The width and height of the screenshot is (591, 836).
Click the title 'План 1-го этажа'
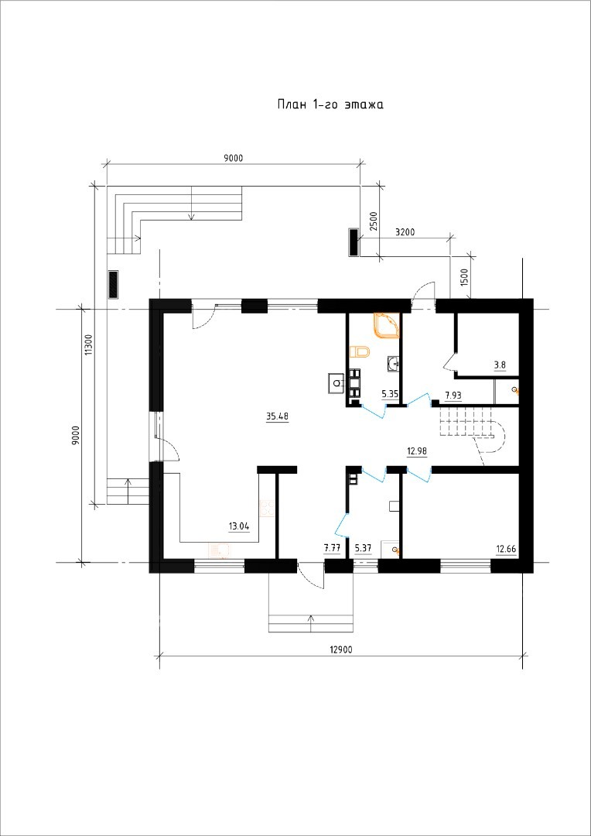tap(330, 104)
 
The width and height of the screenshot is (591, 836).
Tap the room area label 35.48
tap(277, 417)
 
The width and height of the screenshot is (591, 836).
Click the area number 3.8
tap(500, 365)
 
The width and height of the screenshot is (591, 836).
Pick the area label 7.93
tap(453, 395)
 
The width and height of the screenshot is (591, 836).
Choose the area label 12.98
tap(417, 451)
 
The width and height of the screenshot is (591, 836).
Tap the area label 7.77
tap(332, 547)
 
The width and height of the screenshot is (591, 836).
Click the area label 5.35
tap(390, 395)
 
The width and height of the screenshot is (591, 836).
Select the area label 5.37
tap(363, 547)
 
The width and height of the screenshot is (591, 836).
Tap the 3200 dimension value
tap(405, 232)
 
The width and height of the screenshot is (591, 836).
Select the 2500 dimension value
tap(374, 221)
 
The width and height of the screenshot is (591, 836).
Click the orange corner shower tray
tap(387, 325)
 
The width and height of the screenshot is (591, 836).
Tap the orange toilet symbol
tap(360, 351)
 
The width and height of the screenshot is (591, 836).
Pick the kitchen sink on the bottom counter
tap(219, 550)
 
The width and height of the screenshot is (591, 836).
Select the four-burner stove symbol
tap(267, 508)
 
